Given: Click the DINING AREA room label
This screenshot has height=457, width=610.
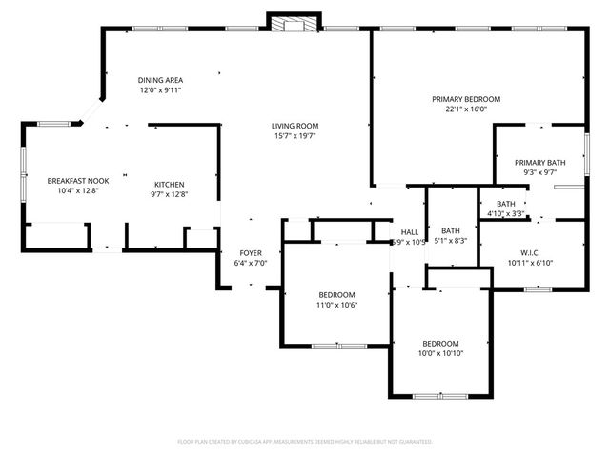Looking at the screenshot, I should pyautogui.click(x=160, y=80).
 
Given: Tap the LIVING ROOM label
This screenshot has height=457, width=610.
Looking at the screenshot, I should pyautogui.click(x=295, y=126).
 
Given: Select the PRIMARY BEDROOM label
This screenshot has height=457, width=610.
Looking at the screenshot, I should pyautogui.click(x=466, y=99).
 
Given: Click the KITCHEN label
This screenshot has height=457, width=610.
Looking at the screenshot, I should pyautogui.click(x=170, y=184).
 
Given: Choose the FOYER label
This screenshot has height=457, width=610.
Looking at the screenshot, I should pyautogui.click(x=251, y=253).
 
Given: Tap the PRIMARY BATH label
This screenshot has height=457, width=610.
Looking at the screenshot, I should pyautogui.click(x=540, y=163).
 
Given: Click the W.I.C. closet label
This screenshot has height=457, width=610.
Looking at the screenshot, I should pyautogui.click(x=531, y=252).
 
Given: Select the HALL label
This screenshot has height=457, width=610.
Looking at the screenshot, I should pyautogui.click(x=410, y=232).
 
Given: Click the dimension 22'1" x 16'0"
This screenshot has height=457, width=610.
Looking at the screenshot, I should pyautogui.click(x=466, y=109).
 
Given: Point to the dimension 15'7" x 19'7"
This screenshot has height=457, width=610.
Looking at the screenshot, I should pyautogui.click(x=295, y=136).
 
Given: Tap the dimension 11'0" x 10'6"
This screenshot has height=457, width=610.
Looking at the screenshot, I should pyautogui.click(x=336, y=305).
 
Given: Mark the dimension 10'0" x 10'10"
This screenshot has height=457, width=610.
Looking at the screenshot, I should pyautogui.click(x=441, y=354).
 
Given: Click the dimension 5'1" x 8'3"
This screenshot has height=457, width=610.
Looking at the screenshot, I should pyautogui.click(x=452, y=242).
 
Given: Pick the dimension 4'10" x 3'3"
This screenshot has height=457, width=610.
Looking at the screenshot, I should pyautogui.click(x=506, y=213).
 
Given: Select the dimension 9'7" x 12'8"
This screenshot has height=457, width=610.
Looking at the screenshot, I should pyautogui.click(x=170, y=194).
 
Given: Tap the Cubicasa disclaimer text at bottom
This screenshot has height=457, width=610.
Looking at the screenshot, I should pyautogui.click(x=305, y=442).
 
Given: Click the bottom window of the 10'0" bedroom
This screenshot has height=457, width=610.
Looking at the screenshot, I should pyautogui.click(x=441, y=395).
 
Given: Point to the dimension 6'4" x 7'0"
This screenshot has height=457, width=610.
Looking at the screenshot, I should pyautogui.click(x=251, y=264).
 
